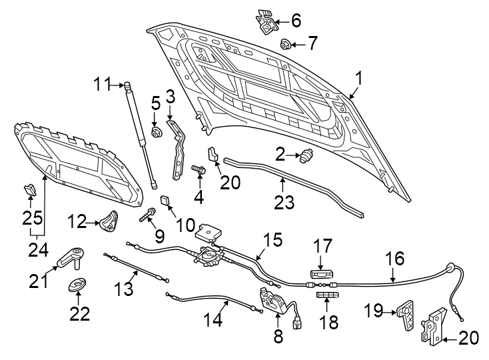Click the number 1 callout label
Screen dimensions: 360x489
[358, 79]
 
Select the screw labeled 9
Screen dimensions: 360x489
[147, 216]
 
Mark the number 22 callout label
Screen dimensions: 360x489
[80, 313]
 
